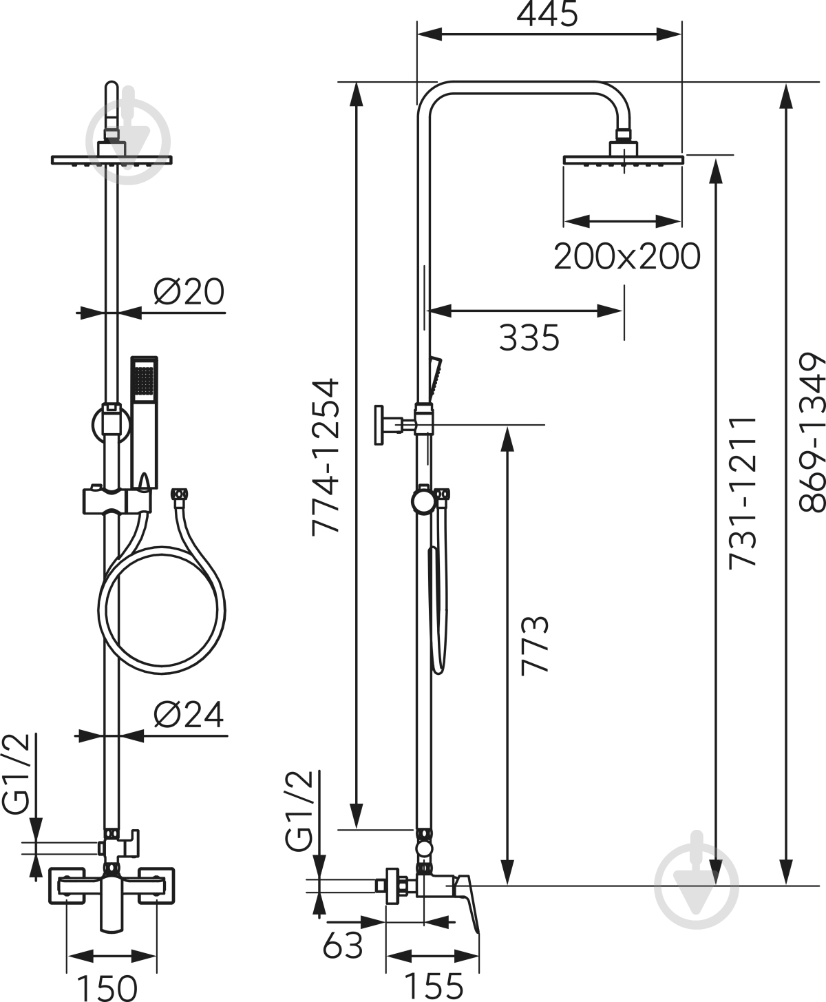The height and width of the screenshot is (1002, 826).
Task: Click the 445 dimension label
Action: (x=548, y=15)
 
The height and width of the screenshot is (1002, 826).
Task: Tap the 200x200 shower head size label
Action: (x=626, y=257)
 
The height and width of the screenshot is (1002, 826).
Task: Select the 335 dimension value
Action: (x=529, y=338)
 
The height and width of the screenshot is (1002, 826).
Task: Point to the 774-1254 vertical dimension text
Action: (x=326, y=446)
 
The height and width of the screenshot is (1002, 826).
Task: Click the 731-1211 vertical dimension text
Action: (x=743, y=492)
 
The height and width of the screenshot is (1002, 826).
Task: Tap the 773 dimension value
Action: (x=535, y=645)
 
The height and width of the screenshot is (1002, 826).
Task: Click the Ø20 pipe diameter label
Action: (x=189, y=292)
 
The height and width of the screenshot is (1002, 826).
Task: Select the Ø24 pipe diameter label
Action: (x=189, y=716)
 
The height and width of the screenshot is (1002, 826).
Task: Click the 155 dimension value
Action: (x=433, y=987)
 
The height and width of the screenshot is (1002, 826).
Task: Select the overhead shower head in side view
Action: (x=624, y=159)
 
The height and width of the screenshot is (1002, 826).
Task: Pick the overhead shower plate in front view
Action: (x=112, y=160)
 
